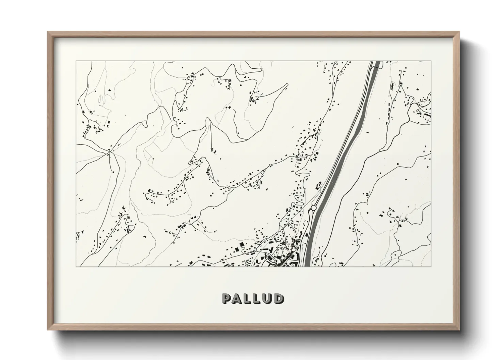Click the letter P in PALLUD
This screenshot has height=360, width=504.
point(226,299)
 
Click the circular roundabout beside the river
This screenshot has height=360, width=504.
point(314,207)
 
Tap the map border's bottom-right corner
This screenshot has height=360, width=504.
point(431,266)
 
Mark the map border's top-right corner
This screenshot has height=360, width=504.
point(431,61)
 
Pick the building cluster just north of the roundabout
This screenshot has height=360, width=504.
point(319,186)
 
